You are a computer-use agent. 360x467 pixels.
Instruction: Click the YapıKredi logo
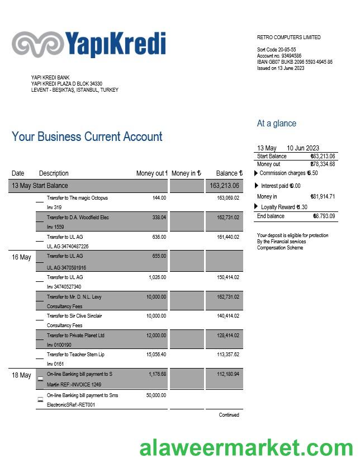point(89,44)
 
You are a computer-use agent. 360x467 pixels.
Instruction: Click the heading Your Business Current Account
point(87,137)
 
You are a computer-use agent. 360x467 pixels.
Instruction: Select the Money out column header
point(151,173)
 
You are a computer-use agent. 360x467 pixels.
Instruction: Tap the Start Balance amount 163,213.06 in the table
point(224,186)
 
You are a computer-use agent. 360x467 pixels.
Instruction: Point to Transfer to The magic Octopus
point(77,198)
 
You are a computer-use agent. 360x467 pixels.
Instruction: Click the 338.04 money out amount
point(159,218)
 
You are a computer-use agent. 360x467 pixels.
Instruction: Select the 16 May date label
point(21,257)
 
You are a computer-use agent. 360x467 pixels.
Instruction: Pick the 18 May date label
point(21,375)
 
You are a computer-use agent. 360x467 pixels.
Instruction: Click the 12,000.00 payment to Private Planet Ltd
point(156,336)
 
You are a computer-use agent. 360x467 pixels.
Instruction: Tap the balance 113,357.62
point(228,355)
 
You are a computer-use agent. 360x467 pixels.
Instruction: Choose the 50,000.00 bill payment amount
point(156,395)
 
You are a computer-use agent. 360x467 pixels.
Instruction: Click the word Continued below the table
point(229,415)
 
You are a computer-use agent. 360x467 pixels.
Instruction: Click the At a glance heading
point(276,124)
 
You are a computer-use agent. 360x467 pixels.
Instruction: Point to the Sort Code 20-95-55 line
point(276,50)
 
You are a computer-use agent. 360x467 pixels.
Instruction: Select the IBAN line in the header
point(295,62)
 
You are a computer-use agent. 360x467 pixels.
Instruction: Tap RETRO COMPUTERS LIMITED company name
point(288,37)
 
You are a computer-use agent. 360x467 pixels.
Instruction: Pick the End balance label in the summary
point(271,216)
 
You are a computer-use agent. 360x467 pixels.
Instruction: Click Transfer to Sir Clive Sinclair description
point(74,316)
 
